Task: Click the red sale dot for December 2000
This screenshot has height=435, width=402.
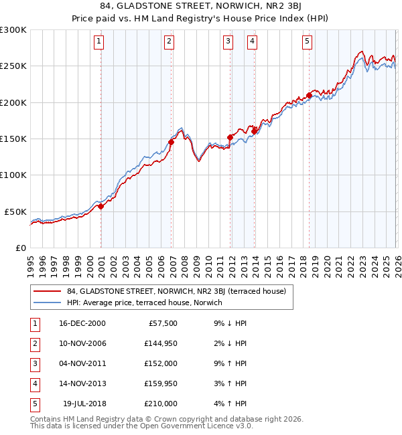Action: point(101,207)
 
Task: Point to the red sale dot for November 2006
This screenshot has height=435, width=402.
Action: point(172,142)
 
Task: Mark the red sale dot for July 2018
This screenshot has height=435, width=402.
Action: point(309,95)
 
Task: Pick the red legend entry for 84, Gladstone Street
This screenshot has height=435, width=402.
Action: point(176,291)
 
